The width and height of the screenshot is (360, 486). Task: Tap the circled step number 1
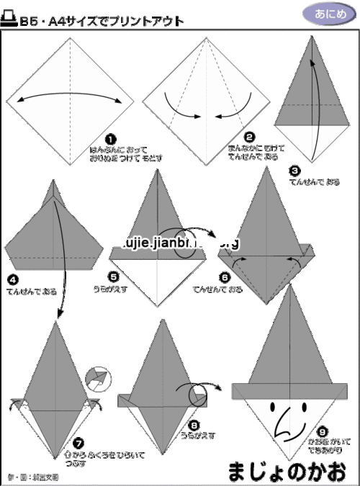(110, 139)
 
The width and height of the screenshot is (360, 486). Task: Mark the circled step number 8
(195, 425)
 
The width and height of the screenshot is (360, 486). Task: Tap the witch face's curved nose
(284, 429)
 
